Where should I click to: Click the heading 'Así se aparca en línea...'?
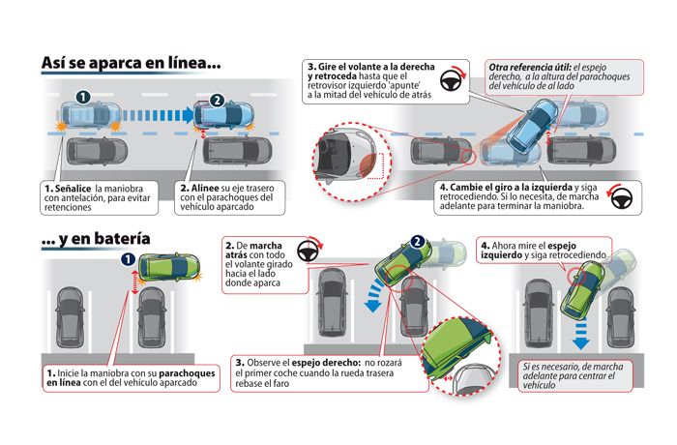pos(131,64)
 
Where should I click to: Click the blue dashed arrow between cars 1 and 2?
pos(155,118)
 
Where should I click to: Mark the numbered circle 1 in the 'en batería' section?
pos(127,258)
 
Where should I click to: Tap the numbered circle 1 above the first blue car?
pos(83,98)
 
